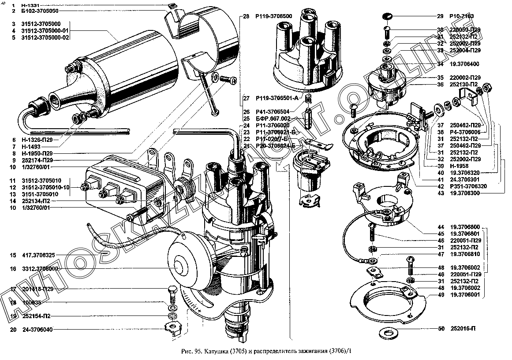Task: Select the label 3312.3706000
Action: click(x=40, y=268)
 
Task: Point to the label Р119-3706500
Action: click(x=273, y=16)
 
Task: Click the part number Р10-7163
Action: click(x=462, y=16)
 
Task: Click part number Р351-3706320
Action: click(x=468, y=186)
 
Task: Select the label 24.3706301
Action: click(x=465, y=180)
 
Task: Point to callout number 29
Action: click(x=440, y=16)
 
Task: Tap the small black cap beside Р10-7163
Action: click(x=387, y=16)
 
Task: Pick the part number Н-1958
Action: click(x=460, y=166)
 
